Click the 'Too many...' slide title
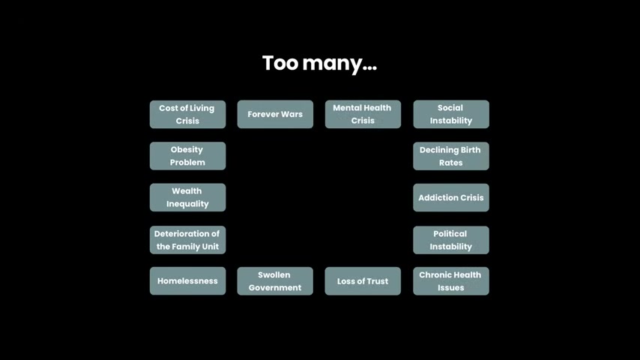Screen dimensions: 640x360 [x=319, y=64]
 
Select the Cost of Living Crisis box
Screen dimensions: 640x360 [x=188, y=115]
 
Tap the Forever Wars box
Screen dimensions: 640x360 [x=275, y=115]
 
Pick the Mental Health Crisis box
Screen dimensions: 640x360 [x=363, y=115]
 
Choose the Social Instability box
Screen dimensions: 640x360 [x=451, y=115]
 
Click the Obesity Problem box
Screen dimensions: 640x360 [x=188, y=156]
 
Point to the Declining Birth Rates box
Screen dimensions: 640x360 [x=451, y=156]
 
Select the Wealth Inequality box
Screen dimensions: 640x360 [x=188, y=197]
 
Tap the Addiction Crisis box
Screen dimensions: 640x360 [x=451, y=197]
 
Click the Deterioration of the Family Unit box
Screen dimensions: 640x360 [x=188, y=240]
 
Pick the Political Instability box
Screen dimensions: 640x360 [x=451, y=240]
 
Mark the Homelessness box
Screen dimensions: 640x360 [x=188, y=281]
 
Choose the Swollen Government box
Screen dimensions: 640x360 [x=275, y=281]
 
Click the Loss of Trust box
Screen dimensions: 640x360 [x=363, y=281]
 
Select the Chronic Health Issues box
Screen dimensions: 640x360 [x=451, y=281]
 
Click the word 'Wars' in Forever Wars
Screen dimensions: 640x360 [x=292, y=115]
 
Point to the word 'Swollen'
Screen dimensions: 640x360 [x=274, y=275]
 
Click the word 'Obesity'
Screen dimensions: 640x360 [x=187, y=150]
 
